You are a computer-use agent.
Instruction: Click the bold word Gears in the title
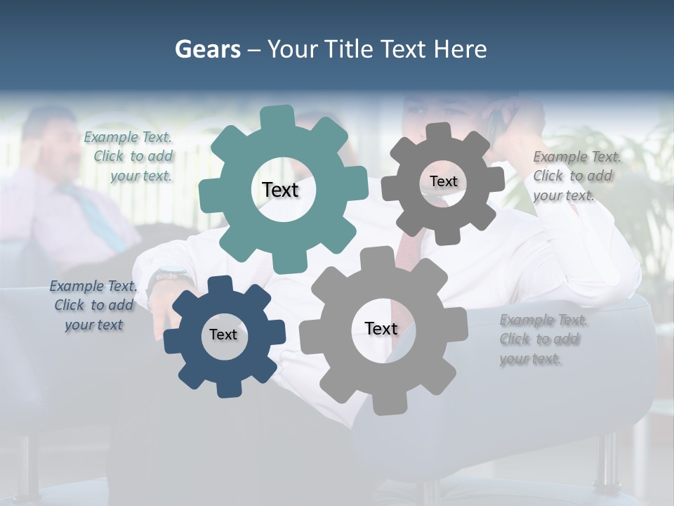pyautogui.click(x=207, y=49)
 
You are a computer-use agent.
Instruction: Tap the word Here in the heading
pyautogui.click(x=460, y=49)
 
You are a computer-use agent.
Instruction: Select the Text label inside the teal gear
pyautogui.click(x=280, y=190)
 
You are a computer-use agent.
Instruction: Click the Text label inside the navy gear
pyautogui.click(x=223, y=335)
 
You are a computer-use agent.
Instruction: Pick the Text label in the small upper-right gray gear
pyautogui.click(x=443, y=181)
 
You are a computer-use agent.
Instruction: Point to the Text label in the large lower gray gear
pyautogui.click(x=381, y=328)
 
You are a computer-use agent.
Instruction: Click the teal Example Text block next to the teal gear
pyautogui.click(x=131, y=157)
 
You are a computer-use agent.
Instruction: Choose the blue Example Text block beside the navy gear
pyautogui.click(x=93, y=305)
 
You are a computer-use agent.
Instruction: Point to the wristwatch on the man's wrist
pyautogui.click(x=168, y=276)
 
